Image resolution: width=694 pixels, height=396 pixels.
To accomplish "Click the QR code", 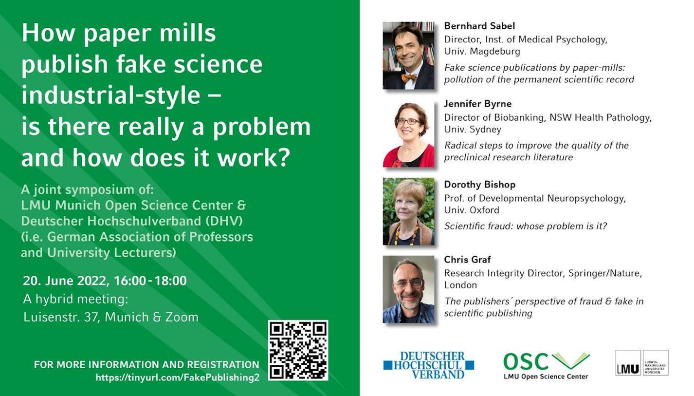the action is [298, 350].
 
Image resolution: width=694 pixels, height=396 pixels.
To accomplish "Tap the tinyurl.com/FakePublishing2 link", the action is [178, 377].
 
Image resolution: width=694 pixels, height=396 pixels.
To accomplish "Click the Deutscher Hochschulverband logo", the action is [429, 365].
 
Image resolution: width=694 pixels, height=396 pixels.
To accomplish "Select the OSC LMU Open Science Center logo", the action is [547, 366].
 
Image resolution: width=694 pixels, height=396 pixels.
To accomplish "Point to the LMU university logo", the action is [641, 362].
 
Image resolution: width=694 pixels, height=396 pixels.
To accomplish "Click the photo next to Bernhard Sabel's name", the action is [408, 56].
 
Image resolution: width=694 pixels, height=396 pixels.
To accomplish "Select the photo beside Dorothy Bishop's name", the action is [408, 211].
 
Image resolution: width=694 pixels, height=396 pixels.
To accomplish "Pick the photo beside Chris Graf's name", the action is [408, 289].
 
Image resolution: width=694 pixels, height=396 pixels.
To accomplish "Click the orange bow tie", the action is [409, 77].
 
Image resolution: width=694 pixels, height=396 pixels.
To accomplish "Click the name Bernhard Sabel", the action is [479, 26].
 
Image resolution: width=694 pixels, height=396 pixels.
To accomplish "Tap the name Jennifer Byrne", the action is [478, 104].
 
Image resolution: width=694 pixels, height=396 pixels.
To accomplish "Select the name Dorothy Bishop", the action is [479, 185].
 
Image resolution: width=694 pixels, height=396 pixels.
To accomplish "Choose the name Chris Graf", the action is [467, 259].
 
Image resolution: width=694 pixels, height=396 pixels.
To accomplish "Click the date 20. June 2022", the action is [65, 281].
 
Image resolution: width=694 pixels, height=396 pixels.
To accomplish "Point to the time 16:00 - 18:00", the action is [150, 281].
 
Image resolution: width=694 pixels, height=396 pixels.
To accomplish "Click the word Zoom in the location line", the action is [182, 317].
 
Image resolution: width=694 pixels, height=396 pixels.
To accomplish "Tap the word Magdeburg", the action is [495, 51].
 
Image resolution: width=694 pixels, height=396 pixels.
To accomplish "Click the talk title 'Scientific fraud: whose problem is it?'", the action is [526, 226].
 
